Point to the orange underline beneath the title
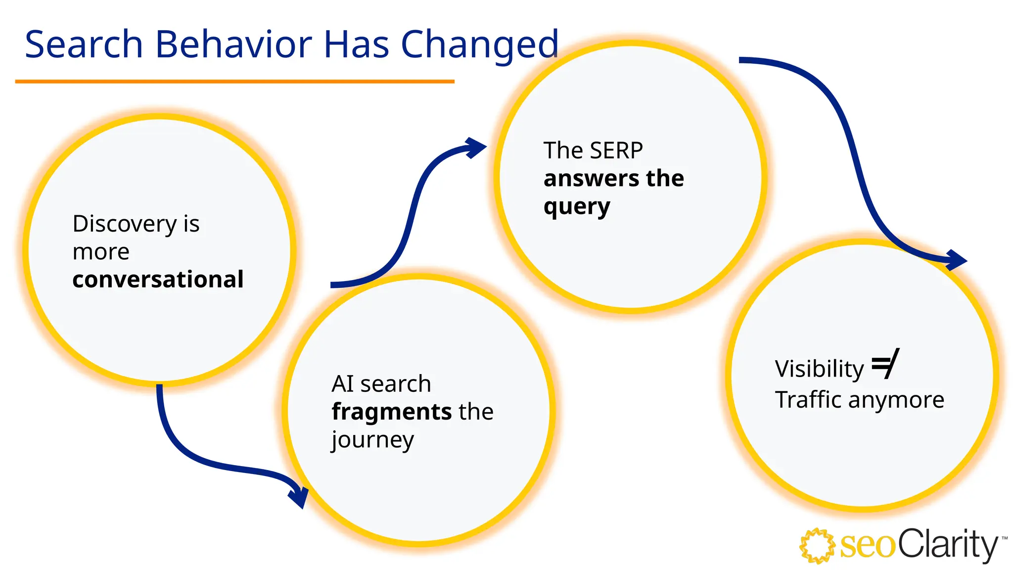(234, 81)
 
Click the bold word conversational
(158, 280)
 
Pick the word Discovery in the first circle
(125, 224)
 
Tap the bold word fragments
(391, 412)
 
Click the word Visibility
(819, 369)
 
